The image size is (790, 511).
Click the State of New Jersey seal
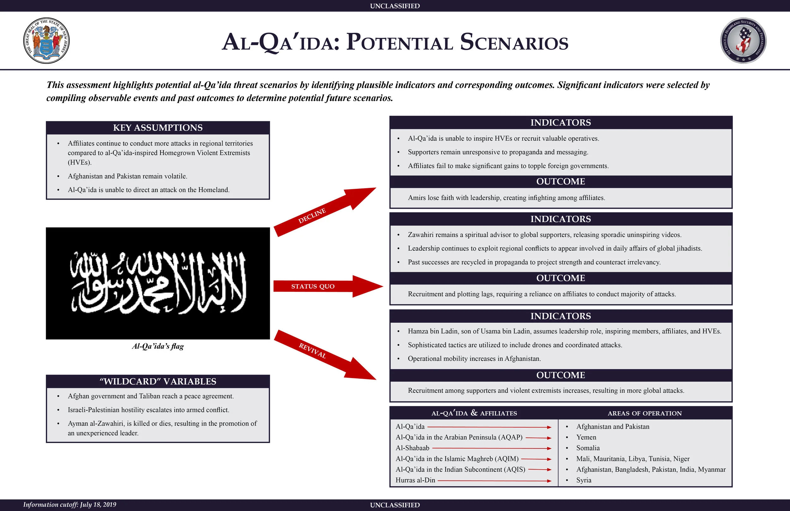coord(46,41)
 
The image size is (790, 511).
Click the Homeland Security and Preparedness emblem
coord(743,41)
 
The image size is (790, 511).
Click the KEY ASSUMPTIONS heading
coord(158,128)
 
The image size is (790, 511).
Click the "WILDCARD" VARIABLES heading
coord(158,382)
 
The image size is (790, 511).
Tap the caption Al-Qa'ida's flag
coord(158,346)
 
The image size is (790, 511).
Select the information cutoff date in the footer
coord(70,505)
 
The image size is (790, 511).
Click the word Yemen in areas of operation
coord(586,437)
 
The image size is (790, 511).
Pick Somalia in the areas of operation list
coord(588,448)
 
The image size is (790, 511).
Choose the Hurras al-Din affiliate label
coord(415,480)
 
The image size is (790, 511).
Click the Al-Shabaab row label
coord(412,448)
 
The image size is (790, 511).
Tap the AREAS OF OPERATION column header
coord(645,413)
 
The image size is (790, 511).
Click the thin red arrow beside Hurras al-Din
coord(495,480)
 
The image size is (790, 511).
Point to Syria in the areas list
coord(584,480)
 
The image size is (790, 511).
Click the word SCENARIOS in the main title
coord(514,42)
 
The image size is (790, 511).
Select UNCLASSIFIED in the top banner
coord(395,6)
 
